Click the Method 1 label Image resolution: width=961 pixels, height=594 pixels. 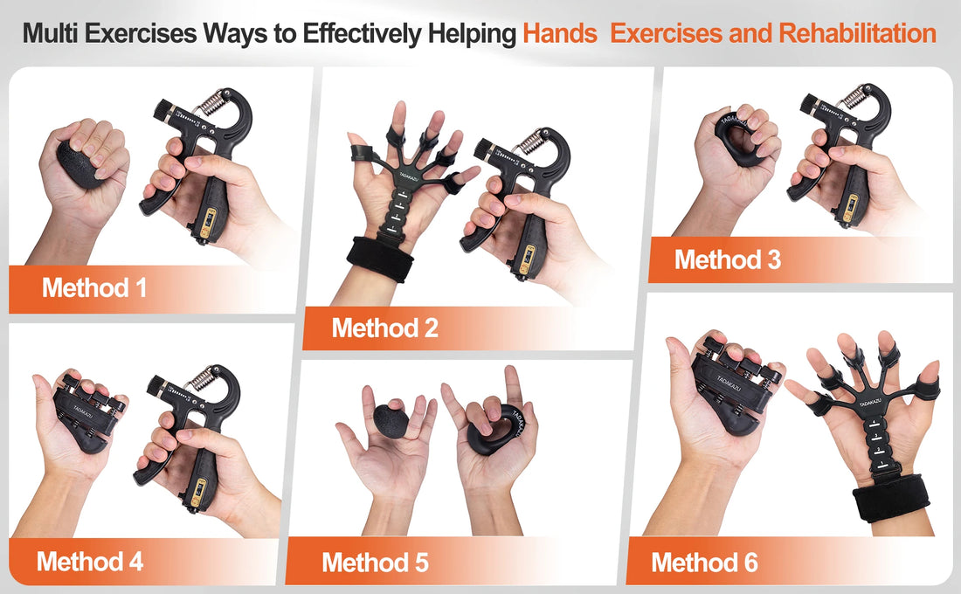(94, 287)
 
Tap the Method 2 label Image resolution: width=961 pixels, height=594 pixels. (384, 328)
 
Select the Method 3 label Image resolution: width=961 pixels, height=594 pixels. (727, 259)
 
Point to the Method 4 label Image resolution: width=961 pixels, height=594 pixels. (90, 561)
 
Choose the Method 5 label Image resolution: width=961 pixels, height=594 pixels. (375, 562)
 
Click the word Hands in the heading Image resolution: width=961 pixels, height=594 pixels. (559, 34)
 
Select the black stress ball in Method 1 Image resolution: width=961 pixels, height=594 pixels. (80, 163)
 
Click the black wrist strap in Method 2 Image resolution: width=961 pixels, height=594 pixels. (381, 258)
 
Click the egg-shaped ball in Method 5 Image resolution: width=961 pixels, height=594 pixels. (391, 420)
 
